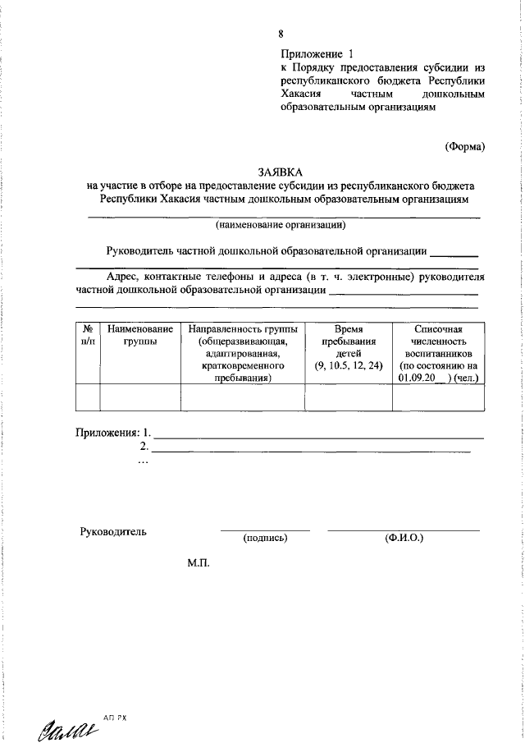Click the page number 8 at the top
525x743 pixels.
(281, 34)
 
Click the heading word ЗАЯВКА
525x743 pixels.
(280, 172)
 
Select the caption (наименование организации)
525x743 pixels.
(280, 224)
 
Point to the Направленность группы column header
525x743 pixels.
(242, 353)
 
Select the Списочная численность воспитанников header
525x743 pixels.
(439, 353)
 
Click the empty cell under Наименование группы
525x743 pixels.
(139, 397)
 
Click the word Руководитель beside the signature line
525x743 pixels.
(113, 531)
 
